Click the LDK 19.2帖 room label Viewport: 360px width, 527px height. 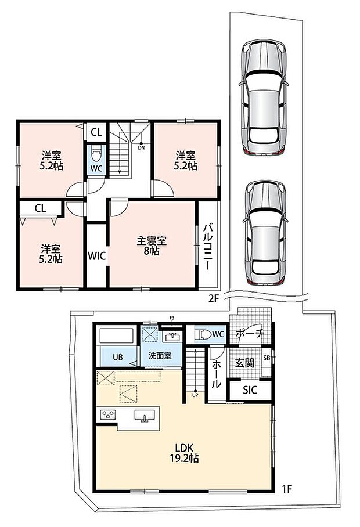pos(184,452)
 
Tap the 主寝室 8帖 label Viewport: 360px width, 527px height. pos(152,246)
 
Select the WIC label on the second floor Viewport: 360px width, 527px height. pos(97,256)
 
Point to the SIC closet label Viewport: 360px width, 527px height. pos(250,390)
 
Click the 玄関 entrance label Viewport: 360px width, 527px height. pos(244,363)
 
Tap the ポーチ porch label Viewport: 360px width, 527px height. pos(250,333)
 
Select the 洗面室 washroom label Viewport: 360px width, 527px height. pos(160,356)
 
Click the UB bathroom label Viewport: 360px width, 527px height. pos(118,358)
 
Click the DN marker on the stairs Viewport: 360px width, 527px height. pos(142,147)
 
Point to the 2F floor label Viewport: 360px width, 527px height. pos(214,298)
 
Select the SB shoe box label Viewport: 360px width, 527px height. pos(267,358)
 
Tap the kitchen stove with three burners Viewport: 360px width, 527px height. pos(107,414)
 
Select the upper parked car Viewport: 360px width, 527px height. pos(264,98)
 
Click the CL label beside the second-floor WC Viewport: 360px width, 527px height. pos(96,132)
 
